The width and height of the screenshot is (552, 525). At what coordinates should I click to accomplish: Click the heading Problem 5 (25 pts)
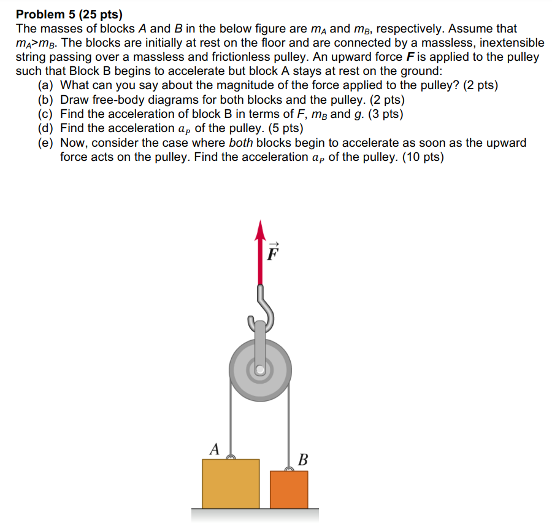[69, 14]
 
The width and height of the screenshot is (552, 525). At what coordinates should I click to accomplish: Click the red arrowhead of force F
[261, 230]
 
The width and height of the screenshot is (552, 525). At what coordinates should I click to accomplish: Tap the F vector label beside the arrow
[273, 252]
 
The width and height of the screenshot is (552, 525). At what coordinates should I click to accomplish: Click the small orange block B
[288, 489]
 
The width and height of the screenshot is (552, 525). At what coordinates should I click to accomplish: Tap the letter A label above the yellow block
[214, 449]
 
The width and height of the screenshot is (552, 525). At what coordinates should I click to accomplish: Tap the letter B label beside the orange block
[302, 459]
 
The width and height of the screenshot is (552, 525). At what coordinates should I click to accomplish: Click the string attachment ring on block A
[231, 457]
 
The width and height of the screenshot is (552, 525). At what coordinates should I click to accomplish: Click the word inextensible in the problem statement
[504, 43]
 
